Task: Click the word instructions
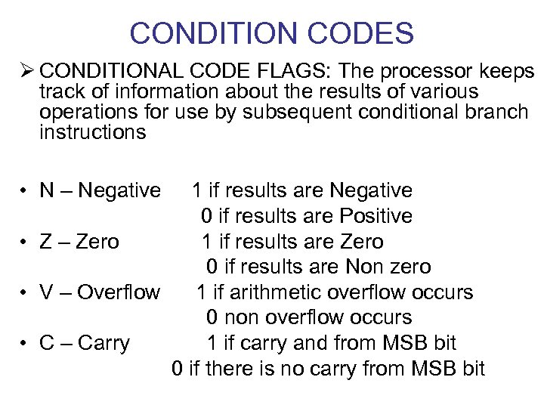point(92,133)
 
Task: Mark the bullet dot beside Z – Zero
point(25,242)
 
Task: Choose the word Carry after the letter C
point(104,344)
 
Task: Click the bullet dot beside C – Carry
point(25,344)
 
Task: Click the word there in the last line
point(227,369)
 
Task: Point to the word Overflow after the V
point(119,292)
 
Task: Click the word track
point(63,92)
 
